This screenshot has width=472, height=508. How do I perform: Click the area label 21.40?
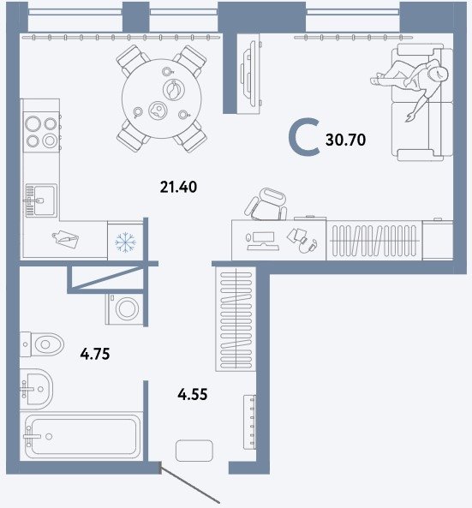pyautogui.click(x=178, y=188)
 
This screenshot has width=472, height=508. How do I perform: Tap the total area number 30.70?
pyautogui.click(x=346, y=140)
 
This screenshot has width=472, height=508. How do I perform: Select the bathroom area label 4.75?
pyautogui.click(x=95, y=354)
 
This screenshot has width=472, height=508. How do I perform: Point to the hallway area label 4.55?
pyautogui.click(x=193, y=395)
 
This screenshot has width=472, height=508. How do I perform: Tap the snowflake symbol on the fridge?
pyautogui.click(x=126, y=242)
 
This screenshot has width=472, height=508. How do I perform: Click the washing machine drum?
pyautogui.click(x=128, y=308)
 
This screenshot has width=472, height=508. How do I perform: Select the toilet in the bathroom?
pyautogui.click(x=42, y=344)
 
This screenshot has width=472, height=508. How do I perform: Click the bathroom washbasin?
pyautogui.click(x=36, y=387)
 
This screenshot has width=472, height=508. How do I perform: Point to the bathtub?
pyautogui.click(x=81, y=436)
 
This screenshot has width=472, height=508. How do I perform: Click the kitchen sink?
pyautogui.click(x=41, y=200)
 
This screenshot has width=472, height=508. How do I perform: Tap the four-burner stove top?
pyautogui.click(x=41, y=132)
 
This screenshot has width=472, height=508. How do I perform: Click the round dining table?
pyautogui.click(x=162, y=99)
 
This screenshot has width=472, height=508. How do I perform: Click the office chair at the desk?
pyautogui.click(x=266, y=204)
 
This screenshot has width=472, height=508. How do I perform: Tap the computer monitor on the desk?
pyautogui.click(x=260, y=241)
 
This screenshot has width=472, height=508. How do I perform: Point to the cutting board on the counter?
pyautogui.click(x=66, y=239)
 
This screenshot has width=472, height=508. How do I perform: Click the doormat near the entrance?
pyautogui.click(x=194, y=451)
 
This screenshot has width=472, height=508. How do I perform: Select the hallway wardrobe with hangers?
pyautogui.click(x=236, y=320)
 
